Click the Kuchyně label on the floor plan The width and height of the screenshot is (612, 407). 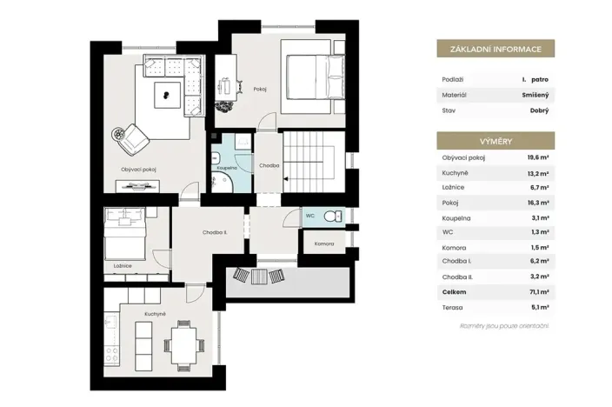(x=156, y=313)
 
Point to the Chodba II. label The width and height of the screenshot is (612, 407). (x=191, y=232)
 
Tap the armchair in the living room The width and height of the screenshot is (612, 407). (x=132, y=136)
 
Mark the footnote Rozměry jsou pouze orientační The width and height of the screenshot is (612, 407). (x=505, y=325)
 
